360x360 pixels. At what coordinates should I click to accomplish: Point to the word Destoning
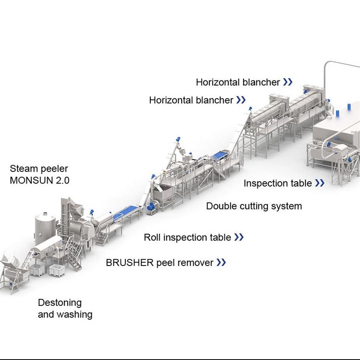point(60,303)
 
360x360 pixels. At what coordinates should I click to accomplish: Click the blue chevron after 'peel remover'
point(221,263)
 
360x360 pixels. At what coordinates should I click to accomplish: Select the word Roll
point(152,237)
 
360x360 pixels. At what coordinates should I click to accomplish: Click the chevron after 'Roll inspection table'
point(239,237)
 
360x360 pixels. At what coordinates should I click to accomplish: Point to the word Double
point(221,206)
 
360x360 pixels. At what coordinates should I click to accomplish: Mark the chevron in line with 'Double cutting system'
point(320,183)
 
